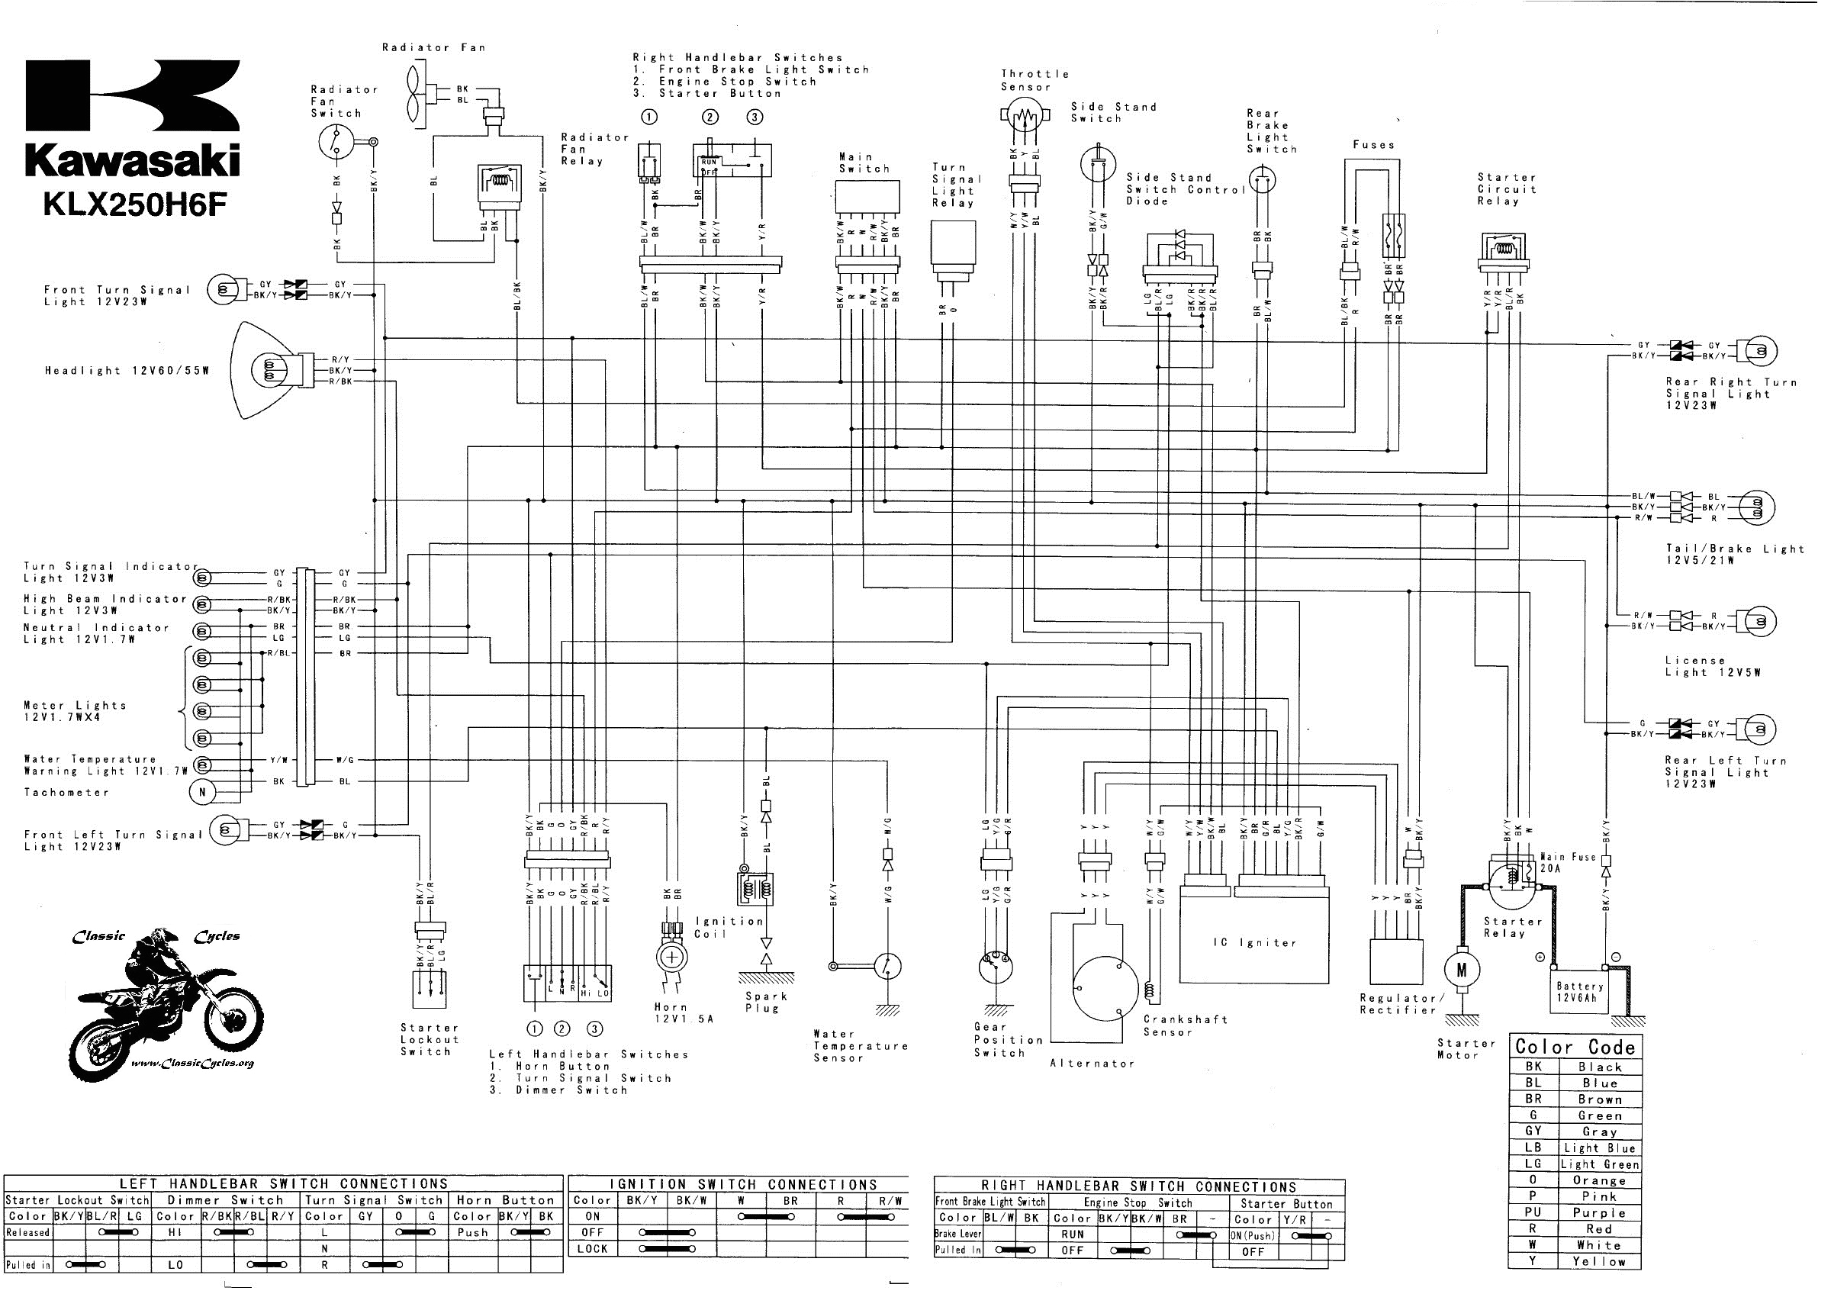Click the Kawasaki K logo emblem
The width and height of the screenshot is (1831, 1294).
point(133,95)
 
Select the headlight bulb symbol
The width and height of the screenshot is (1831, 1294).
point(267,371)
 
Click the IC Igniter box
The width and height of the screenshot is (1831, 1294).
point(1254,942)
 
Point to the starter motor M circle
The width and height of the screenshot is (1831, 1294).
point(1461,970)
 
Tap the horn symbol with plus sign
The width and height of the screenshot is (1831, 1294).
point(672,958)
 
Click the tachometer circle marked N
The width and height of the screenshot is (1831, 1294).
point(203,793)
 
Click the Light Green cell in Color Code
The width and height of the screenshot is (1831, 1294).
point(1599,1164)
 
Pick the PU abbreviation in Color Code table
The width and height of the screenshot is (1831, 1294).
point(1533,1212)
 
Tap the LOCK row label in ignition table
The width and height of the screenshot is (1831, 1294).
point(593,1248)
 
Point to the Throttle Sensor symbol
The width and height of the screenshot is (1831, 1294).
point(1024,118)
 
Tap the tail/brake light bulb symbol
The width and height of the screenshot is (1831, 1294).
point(1755,507)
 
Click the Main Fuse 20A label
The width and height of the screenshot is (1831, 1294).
point(1568,863)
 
